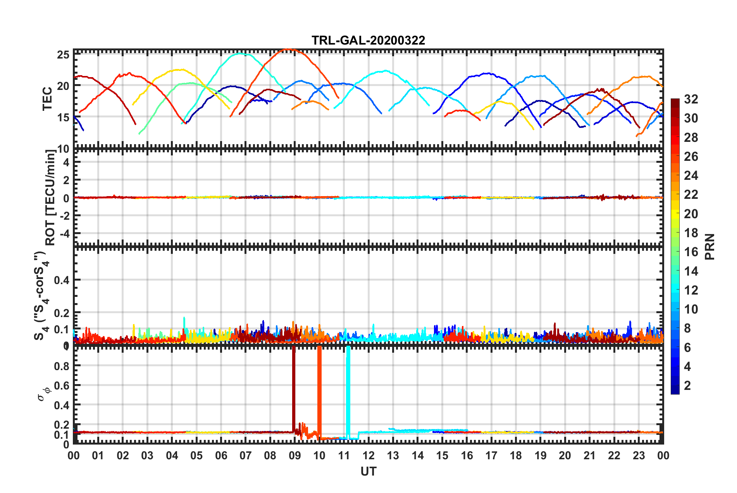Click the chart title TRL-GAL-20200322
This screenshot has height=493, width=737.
coord(368,40)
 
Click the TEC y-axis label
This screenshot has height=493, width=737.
coord(47,99)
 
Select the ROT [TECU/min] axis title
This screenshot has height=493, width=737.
coord(50,198)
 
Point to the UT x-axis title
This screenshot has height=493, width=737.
coord(368,471)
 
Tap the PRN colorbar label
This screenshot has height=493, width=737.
coord(710,246)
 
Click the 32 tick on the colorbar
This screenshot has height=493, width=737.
coord(691,99)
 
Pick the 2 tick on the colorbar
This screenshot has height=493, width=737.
coord(687,385)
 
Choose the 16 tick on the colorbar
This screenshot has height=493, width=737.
coord(691,252)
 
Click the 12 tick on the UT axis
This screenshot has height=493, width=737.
coord(368,455)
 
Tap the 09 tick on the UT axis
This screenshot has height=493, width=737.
coord(294,455)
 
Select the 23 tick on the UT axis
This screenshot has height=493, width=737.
coord(639,455)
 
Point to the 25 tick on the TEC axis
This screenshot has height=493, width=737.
coord(63,55)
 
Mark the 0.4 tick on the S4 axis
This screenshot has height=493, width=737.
coord(62,280)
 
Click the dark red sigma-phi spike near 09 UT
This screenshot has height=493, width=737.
coord(294,388)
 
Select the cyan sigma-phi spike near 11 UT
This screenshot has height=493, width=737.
coord(348,388)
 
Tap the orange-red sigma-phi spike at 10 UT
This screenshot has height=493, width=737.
coord(319,388)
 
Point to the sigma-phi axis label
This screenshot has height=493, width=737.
coord(44,393)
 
